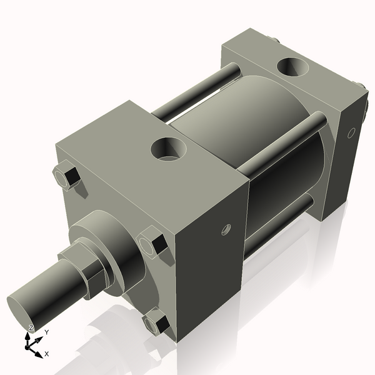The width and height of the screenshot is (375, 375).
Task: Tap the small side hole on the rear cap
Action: pyautogui.click(x=351, y=132)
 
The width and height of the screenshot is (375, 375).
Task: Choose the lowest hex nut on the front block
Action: pyautogui.click(x=155, y=324)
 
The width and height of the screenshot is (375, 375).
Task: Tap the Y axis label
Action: pyautogui.click(x=46, y=332)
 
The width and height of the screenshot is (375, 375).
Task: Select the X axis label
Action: pyautogui.click(x=47, y=354)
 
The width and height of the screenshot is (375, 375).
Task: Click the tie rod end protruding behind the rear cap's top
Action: pyautogui.click(x=276, y=41)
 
